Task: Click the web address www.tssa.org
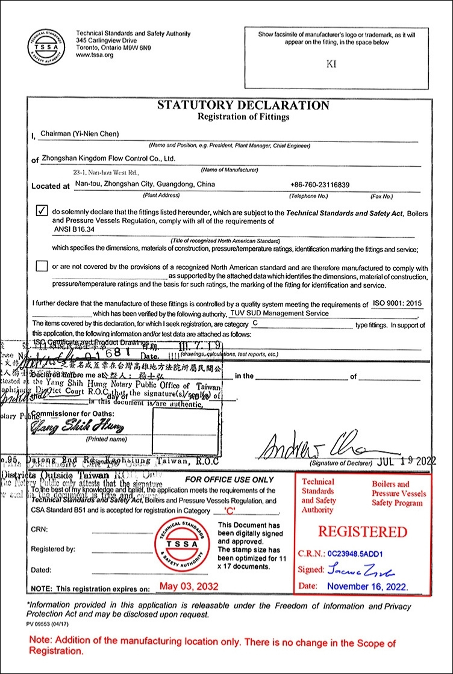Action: [95, 55]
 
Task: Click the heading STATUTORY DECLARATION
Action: [243, 105]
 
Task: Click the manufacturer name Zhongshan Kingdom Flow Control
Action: [108, 159]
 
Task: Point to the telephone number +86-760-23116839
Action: [320, 185]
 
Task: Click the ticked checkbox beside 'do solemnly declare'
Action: [42, 211]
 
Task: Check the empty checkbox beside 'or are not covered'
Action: [42, 265]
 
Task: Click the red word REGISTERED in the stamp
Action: [363, 532]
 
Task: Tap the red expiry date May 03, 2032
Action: [189, 586]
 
